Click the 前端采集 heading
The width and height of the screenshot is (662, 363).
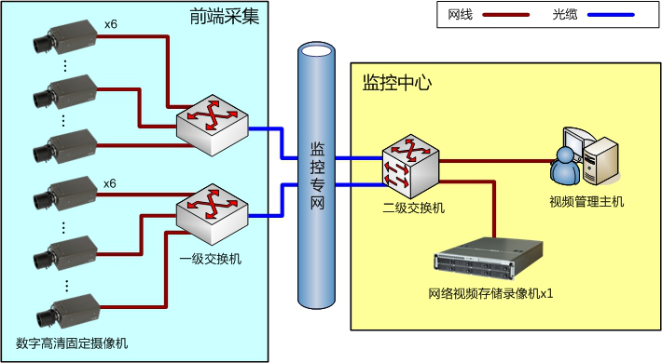point(224,16)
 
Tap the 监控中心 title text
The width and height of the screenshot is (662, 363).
point(397,83)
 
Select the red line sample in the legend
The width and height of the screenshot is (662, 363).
point(505,15)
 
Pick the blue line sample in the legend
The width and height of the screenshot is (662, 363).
point(611,15)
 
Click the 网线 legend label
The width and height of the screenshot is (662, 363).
point(461,15)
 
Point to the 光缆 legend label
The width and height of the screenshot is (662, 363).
point(565,15)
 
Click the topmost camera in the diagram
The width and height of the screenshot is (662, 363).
point(65,38)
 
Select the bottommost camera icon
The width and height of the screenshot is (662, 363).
point(68,312)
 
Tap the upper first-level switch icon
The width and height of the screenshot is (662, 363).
point(213,126)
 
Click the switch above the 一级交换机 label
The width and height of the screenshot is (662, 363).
point(213,214)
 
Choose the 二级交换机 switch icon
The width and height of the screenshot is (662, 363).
point(411,167)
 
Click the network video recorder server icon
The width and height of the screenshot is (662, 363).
point(489,259)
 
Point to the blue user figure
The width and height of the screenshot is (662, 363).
point(564,167)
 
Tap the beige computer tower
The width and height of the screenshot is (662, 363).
point(600,161)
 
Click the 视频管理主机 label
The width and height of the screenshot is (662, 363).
point(586,202)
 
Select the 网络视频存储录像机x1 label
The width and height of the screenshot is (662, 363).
point(490,293)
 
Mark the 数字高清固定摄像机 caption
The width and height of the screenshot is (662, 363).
point(72,343)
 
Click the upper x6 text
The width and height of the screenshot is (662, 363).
point(111,24)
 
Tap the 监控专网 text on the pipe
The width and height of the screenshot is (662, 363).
point(318,176)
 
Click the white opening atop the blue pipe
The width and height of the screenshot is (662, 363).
point(317,49)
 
